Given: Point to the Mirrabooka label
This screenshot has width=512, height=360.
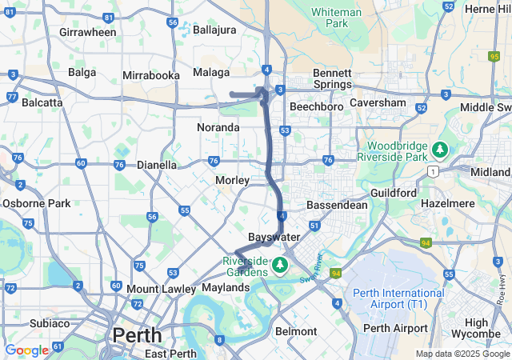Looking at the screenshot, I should pyautogui.click(x=150, y=75).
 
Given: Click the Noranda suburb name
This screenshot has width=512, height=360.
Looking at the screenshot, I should pyautogui.click(x=218, y=127).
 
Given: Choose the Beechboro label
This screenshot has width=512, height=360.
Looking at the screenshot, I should pyautogui.click(x=316, y=106).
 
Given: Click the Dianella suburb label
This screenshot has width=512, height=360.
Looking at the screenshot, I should pyautogui.click(x=157, y=165).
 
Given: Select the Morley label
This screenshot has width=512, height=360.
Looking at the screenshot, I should pyautogui.click(x=232, y=180).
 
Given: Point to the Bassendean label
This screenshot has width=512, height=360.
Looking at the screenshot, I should pyautogui.click(x=338, y=205).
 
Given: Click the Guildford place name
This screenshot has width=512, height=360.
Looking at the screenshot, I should pyautogui.click(x=394, y=193).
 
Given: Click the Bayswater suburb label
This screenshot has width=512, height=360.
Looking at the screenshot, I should pyautogui.click(x=274, y=238).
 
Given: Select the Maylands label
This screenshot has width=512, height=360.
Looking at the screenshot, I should pyautogui.click(x=226, y=287).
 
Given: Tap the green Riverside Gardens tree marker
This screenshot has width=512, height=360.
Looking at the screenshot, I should pyautogui.click(x=280, y=263).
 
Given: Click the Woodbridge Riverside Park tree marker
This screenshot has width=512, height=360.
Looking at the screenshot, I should pyautogui.click(x=439, y=150).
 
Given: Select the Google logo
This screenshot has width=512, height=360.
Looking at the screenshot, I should pyautogui.click(x=26, y=350).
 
